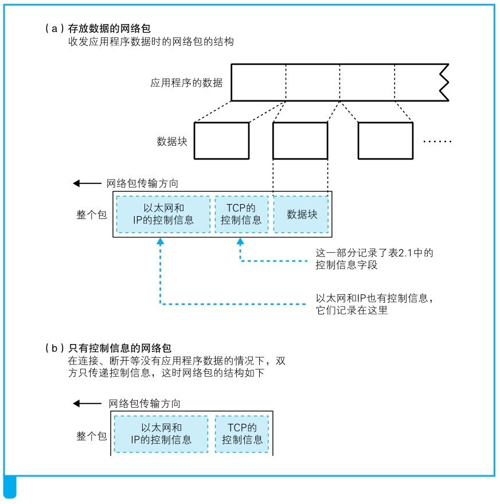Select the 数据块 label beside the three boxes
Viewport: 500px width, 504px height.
tap(172, 140)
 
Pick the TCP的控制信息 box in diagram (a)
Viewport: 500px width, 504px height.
tap(241, 214)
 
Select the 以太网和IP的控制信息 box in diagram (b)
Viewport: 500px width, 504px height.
tap(161, 435)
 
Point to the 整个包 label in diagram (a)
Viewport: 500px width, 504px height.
tap(92, 215)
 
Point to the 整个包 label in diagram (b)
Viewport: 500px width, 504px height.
tap(92, 436)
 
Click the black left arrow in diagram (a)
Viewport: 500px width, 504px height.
tap(86, 183)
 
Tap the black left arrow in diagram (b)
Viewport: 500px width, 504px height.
tap(86, 404)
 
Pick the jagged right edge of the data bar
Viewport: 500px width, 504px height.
tap(443, 82)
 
